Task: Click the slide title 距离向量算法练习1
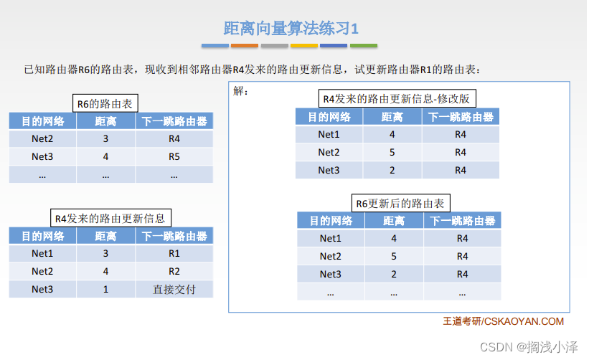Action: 291,29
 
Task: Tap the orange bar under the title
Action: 245,46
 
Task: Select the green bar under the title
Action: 364,46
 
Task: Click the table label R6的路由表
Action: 105,103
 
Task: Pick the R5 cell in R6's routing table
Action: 174,156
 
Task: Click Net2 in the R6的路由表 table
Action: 42,138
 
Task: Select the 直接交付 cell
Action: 174,290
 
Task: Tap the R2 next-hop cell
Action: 174,271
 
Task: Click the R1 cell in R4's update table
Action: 174,253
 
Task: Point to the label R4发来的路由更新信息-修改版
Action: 397,98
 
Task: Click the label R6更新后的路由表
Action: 400,203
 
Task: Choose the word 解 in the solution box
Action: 238,91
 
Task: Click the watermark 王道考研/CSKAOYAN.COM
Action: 504,321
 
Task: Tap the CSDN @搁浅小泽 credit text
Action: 529,347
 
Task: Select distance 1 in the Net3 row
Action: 106,290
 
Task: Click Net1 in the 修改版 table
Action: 329,134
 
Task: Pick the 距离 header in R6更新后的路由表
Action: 394,221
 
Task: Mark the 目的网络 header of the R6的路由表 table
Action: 43,121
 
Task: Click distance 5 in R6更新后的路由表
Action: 394,256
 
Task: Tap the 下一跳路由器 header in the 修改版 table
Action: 461,117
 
